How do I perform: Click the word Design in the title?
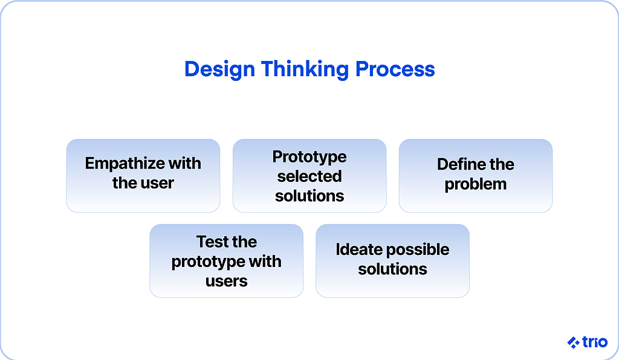219,70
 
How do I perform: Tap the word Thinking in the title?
305,70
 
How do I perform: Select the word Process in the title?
395,69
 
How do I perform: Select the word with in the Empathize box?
185,163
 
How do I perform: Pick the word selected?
309,176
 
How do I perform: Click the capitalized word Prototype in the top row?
309,157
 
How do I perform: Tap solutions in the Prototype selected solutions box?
309,196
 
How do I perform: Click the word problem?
476,185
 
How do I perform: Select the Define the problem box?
476,175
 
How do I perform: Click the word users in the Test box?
227,281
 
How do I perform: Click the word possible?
418,250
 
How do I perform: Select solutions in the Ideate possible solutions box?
393,269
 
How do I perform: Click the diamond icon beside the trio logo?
573,342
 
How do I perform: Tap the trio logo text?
595,342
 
